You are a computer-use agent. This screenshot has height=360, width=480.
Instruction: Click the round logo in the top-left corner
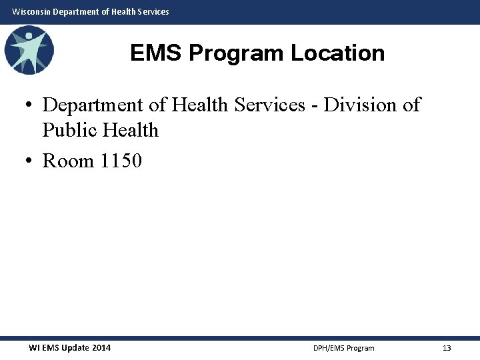29,49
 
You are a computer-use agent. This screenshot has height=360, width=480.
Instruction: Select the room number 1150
121,161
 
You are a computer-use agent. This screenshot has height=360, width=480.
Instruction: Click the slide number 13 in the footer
447,348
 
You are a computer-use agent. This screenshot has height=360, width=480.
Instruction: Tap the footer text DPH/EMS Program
343,348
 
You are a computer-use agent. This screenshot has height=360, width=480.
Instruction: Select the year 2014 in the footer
101,348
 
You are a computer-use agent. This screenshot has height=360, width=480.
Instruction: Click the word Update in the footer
74,348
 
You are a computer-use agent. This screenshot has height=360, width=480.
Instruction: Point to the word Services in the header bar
152,11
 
